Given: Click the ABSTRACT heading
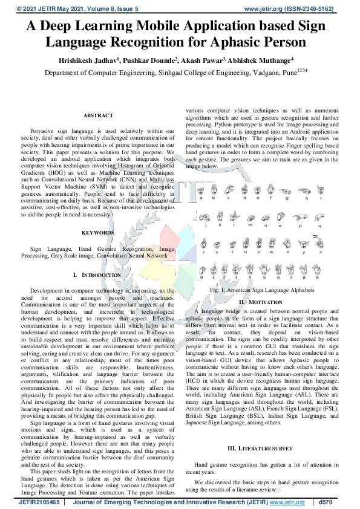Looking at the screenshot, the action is pyautogui.click(x=97, y=115).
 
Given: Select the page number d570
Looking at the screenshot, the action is pyautogui.click(x=326, y=502).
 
